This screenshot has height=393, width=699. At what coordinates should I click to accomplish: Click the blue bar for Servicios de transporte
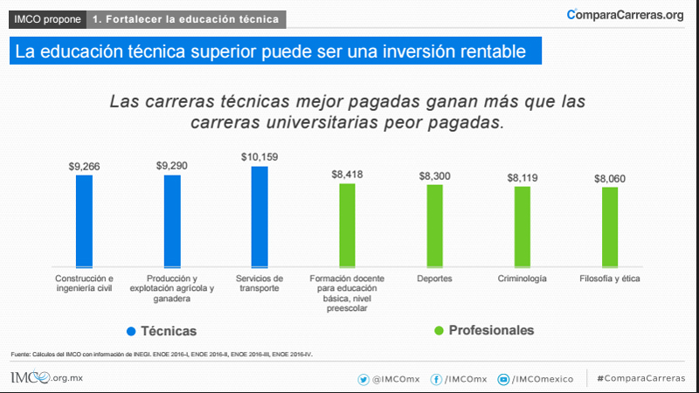[x=260, y=216]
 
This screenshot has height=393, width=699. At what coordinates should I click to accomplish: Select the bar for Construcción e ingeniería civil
[x=84, y=220]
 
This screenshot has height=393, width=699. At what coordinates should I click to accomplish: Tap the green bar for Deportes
[x=434, y=224]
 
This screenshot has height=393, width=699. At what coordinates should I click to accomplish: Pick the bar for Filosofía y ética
[x=610, y=226]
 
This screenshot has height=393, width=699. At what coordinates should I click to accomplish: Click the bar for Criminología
[x=523, y=226]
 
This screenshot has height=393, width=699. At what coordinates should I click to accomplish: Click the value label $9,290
[x=172, y=165]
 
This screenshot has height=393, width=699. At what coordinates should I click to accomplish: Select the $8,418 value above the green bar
[x=347, y=174]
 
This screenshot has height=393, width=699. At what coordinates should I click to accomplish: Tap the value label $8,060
[x=610, y=178]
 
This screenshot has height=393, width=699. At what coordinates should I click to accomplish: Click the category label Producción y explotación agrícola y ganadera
[x=172, y=288]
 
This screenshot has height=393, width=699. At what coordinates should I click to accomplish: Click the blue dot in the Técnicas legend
[x=131, y=331]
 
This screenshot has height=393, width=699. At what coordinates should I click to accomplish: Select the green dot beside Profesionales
[x=439, y=330]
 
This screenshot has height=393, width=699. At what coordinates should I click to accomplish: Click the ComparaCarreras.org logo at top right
[x=625, y=15]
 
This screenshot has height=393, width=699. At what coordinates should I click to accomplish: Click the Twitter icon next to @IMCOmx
[x=363, y=379]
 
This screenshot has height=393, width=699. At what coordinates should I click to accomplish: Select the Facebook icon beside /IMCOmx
[x=436, y=379]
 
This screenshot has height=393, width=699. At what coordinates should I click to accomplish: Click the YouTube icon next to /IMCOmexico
[x=503, y=379]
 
